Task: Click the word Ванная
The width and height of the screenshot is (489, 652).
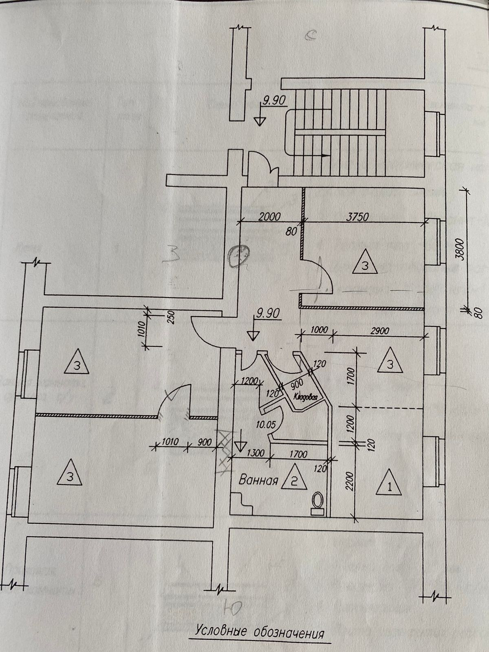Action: [258, 479]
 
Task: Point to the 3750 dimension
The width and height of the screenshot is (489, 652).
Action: [357, 217]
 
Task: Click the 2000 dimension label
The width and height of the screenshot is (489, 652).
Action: [269, 217]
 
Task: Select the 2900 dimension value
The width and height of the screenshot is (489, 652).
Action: [380, 330]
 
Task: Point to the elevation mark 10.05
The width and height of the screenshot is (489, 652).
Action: [266, 425]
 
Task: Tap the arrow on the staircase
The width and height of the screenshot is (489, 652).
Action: [325, 155]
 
